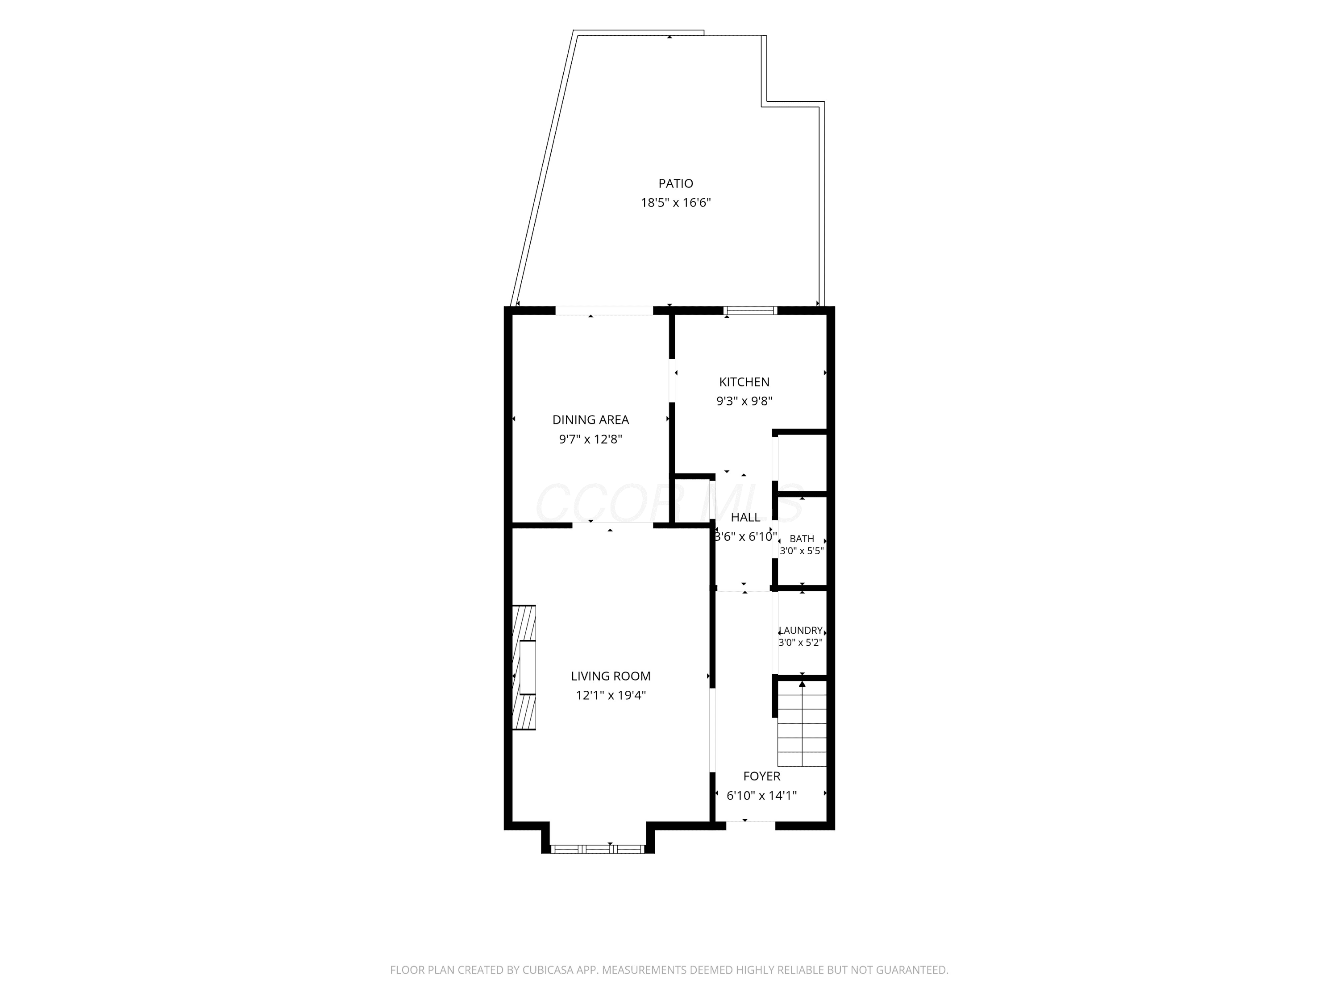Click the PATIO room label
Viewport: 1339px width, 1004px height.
[x=676, y=183]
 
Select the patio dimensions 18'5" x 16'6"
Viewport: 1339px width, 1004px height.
[x=676, y=203]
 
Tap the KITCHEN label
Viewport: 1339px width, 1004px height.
[x=744, y=382]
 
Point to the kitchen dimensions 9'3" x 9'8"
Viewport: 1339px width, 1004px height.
[x=744, y=401]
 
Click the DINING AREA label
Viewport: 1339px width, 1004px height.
[x=590, y=420]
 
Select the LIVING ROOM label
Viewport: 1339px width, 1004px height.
[x=611, y=676]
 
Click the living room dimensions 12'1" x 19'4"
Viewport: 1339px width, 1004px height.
[x=611, y=695]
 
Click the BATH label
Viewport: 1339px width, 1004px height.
[x=802, y=539]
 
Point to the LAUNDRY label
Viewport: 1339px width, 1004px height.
[x=800, y=631]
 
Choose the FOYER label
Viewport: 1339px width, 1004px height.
[x=761, y=776]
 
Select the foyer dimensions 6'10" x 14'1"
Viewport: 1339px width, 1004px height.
[x=761, y=796]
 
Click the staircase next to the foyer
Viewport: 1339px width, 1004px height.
[x=802, y=724]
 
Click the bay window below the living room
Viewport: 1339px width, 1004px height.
[x=598, y=849]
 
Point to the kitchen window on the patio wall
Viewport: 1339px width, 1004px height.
[x=750, y=311]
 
